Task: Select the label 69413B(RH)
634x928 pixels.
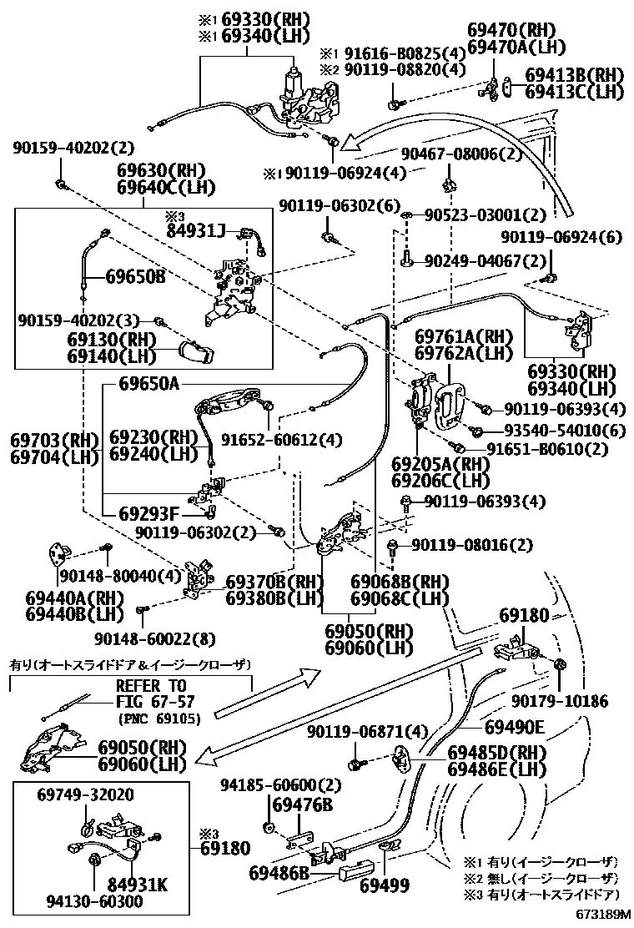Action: click(575, 75)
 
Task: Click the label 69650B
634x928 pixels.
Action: click(135, 276)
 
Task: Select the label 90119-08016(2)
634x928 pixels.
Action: click(471, 546)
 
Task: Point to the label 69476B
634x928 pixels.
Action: click(302, 805)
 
